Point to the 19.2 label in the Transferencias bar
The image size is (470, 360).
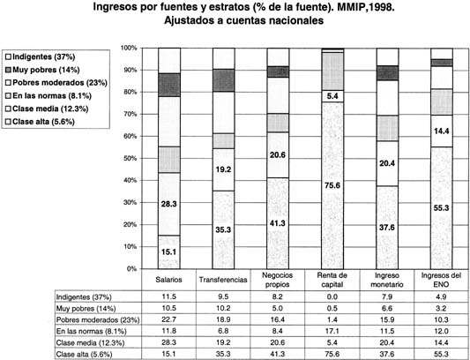tap(223, 169)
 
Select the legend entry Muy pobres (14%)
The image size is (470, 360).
tap(42, 69)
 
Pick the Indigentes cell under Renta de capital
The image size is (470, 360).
tap(332, 296)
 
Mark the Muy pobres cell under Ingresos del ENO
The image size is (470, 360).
tap(442, 308)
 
